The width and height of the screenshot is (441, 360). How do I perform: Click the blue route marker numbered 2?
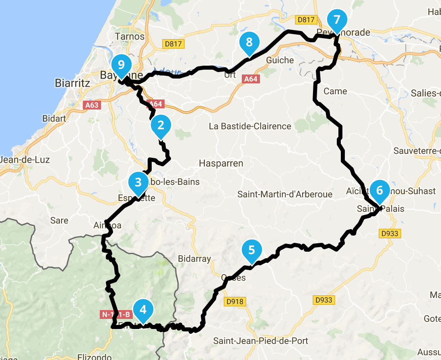tap(161, 125)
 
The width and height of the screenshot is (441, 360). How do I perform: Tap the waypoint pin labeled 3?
tap(138, 182)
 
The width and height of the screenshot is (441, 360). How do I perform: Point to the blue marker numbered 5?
tap(251, 250)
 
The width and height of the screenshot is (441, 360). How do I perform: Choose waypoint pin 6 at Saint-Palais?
tap(379, 190)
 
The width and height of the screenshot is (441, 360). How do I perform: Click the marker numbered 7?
tap(337, 19)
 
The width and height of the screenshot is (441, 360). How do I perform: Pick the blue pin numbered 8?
tap(249, 42)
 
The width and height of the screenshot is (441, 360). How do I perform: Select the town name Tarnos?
tap(130, 36)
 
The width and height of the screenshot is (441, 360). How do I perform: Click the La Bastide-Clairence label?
tap(250, 126)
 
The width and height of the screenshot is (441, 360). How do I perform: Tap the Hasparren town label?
tap(221, 163)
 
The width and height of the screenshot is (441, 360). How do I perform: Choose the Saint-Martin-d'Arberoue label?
tap(285, 194)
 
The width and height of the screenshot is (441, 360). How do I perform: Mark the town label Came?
tap(335, 91)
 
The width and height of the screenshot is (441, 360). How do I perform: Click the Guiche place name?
tap(280, 60)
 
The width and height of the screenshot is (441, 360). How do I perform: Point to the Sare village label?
tap(59, 221)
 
